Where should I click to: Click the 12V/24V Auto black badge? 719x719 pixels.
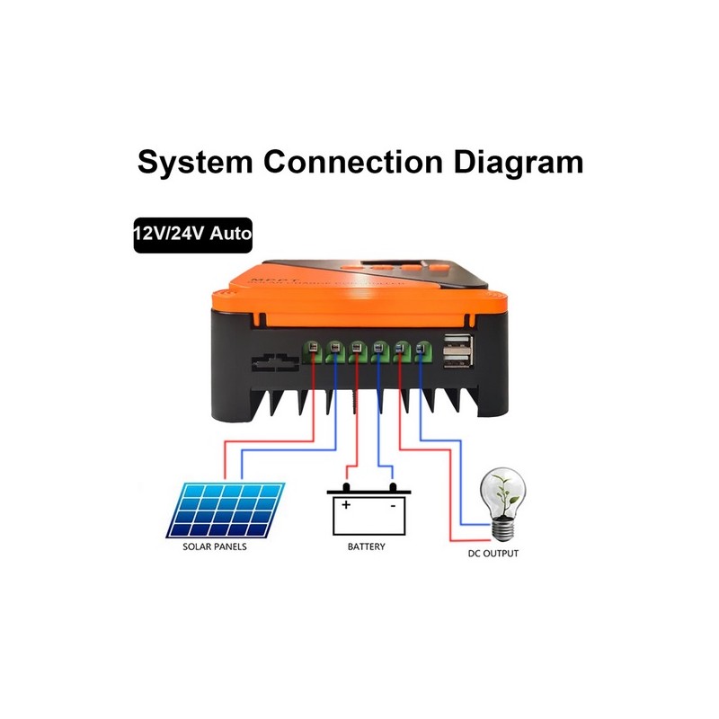191,233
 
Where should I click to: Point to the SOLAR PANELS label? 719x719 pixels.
214,546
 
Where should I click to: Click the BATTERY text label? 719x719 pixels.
366,546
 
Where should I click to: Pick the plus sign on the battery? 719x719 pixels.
346,506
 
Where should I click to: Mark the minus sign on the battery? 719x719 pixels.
393,506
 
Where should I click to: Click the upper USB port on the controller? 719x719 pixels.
455,342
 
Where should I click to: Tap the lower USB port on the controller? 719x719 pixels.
455,360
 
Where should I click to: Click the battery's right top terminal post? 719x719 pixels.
392,488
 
